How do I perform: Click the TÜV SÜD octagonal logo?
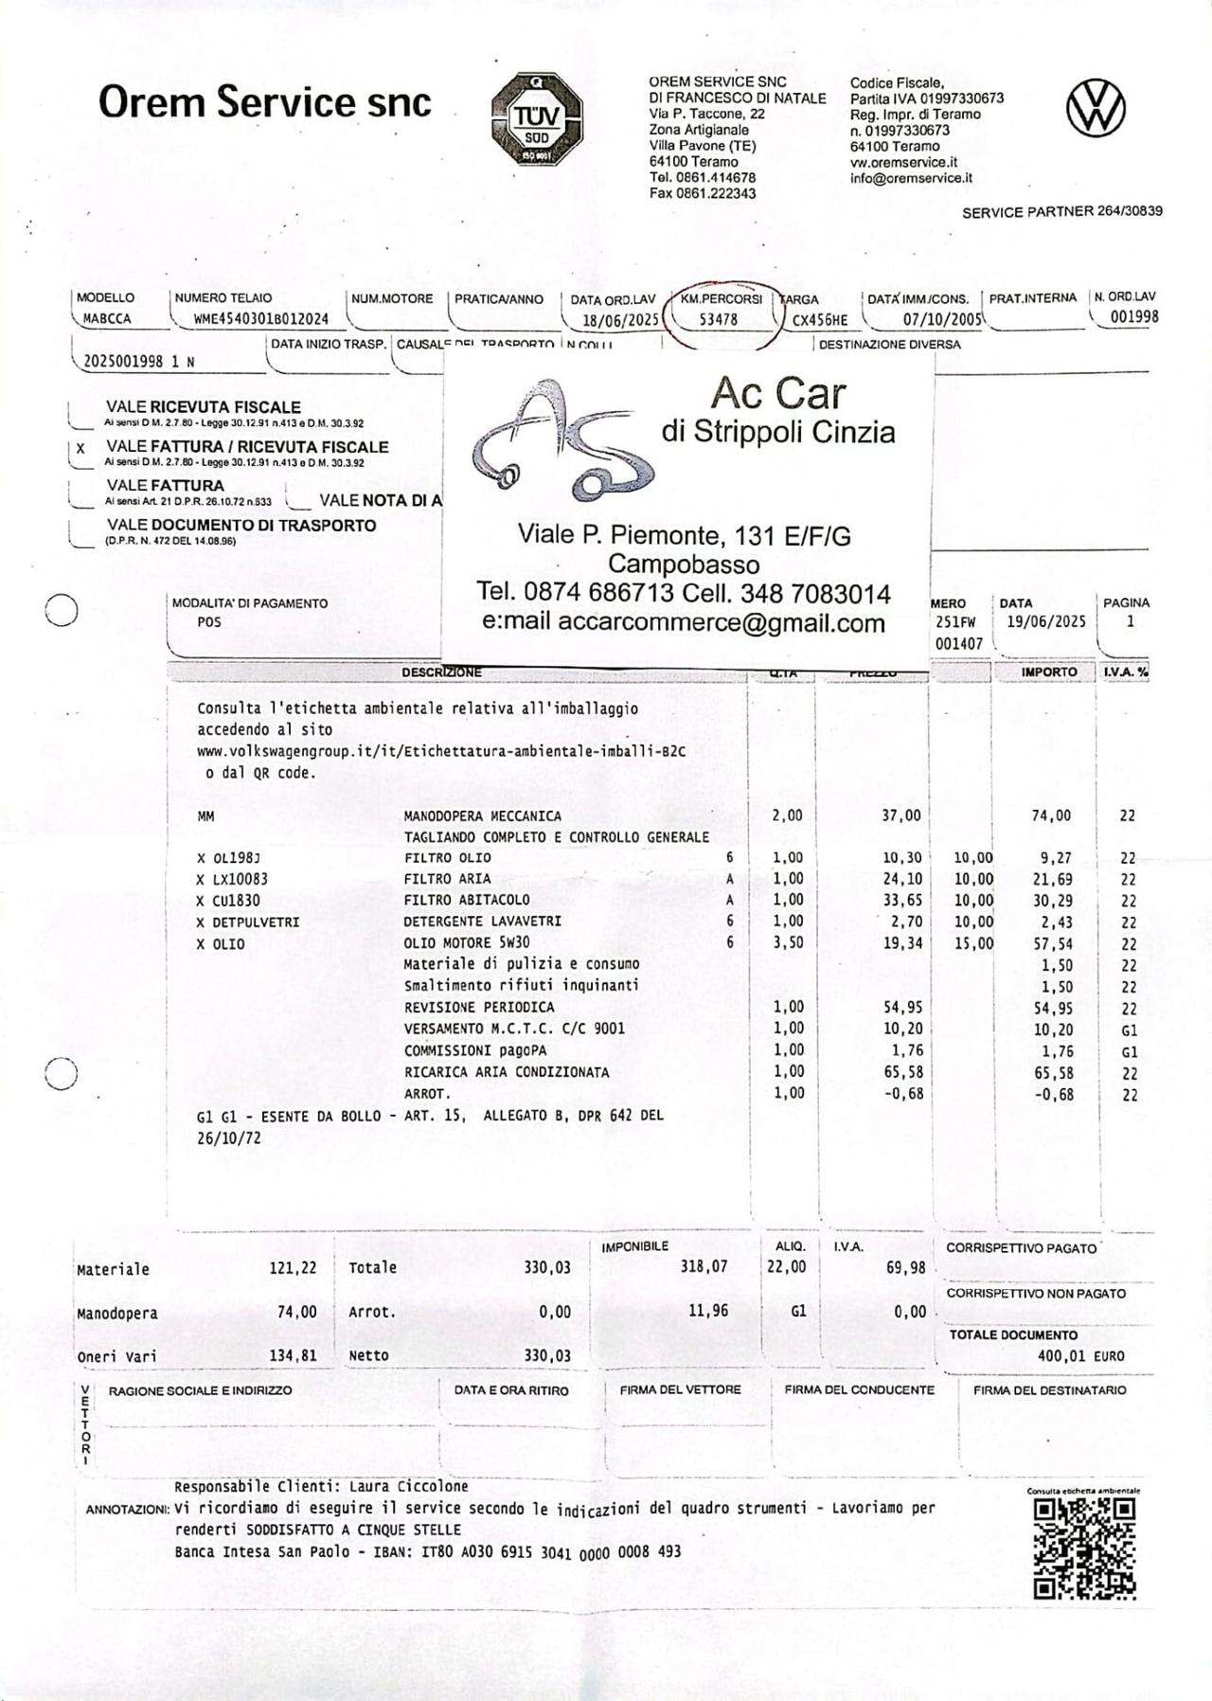click(536, 118)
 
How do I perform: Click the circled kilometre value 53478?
click(718, 319)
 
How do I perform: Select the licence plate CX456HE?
click(820, 320)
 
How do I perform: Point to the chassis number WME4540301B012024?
click(261, 319)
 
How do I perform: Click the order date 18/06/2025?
click(620, 320)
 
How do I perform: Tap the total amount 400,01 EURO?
click(1080, 1355)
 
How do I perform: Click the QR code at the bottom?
click(1083, 1548)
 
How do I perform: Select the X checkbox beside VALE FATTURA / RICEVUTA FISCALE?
click(80, 448)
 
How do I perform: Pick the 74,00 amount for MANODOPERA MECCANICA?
click(1051, 815)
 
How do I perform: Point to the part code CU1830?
click(236, 901)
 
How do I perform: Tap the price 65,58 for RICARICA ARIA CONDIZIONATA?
click(902, 1072)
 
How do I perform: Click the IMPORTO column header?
click(1048, 671)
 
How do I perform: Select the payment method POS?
click(209, 622)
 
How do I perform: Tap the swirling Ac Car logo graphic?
click(559, 441)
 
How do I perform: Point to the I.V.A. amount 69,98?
click(906, 1267)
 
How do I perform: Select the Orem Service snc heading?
click(265, 102)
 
